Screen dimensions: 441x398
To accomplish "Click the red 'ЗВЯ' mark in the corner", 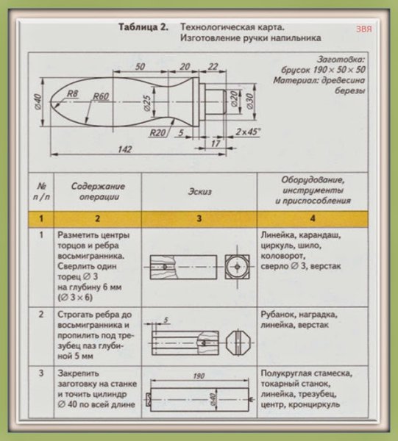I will click(363, 29).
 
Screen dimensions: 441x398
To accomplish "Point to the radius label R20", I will click(157, 133).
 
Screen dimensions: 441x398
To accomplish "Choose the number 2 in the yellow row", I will click(95, 218).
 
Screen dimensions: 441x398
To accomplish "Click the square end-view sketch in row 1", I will click(240, 263).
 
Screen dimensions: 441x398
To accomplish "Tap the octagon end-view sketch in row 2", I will click(240, 340).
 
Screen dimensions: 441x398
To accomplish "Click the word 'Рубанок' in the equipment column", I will click(277, 314).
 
